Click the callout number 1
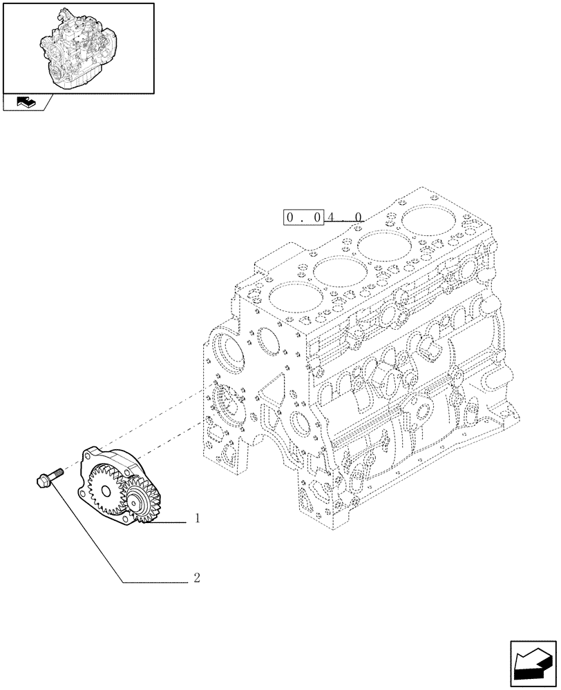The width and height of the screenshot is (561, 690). pyautogui.click(x=198, y=518)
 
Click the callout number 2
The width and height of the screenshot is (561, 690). pyautogui.click(x=197, y=578)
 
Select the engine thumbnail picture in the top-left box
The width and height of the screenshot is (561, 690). pyautogui.click(x=77, y=46)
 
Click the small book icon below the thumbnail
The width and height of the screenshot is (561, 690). pyautogui.click(x=23, y=102)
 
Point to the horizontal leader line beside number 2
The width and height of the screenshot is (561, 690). pyautogui.click(x=155, y=583)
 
